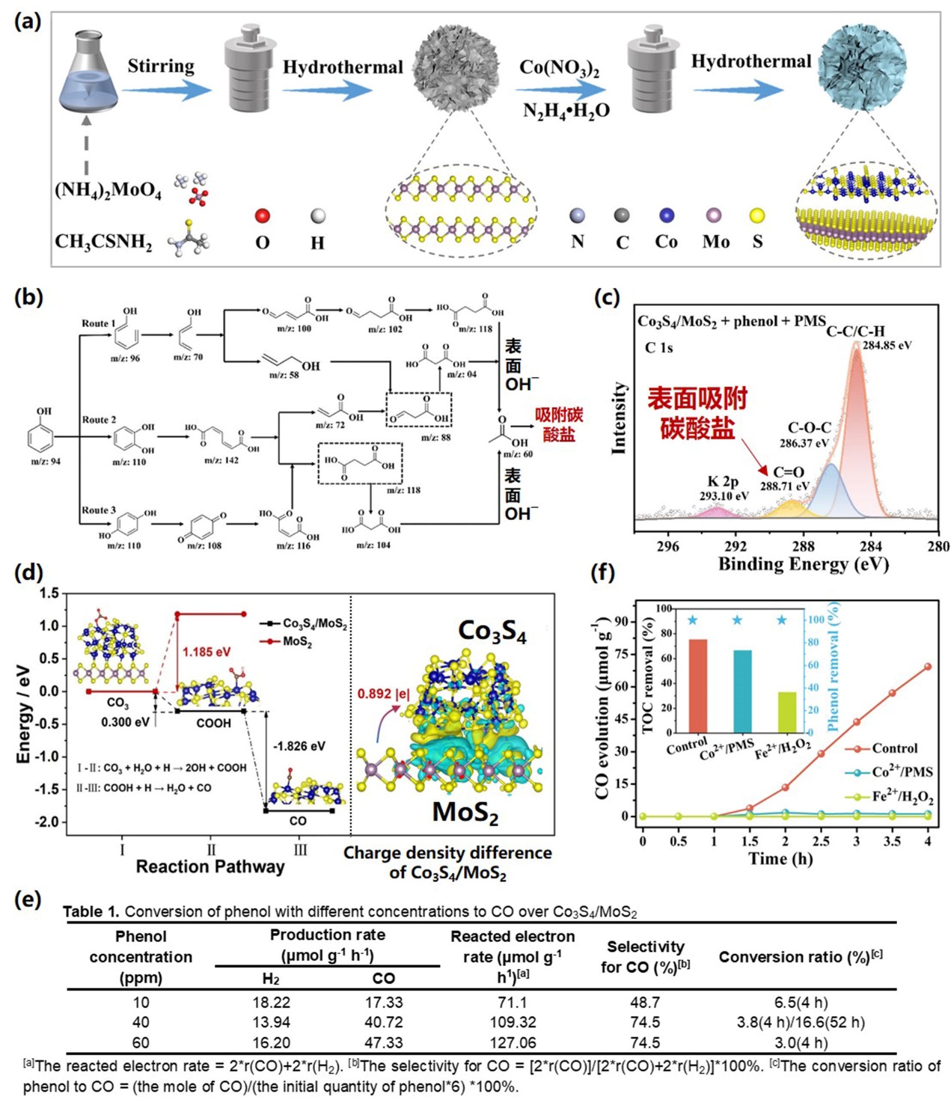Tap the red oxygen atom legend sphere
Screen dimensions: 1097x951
[x=262, y=216]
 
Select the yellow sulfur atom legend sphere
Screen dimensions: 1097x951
[x=757, y=216]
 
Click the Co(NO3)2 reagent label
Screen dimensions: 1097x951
[x=559, y=68]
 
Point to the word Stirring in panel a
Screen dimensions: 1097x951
[x=160, y=66]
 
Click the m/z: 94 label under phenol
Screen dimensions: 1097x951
[x=46, y=462]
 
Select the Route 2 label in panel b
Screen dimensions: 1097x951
[x=99, y=420]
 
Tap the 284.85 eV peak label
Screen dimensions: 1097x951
[x=887, y=346]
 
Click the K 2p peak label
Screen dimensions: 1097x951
[x=723, y=482]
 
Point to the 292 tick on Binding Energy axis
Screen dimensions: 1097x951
[x=736, y=546]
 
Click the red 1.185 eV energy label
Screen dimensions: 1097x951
[x=207, y=652]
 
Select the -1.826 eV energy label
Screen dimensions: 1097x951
[x=299, y=746]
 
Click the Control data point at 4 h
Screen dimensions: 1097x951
[x=928, y=667]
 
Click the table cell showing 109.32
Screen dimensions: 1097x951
[x=513, y=1022]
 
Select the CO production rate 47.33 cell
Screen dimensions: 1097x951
[x=384, y=1042]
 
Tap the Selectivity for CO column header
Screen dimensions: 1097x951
[x=645, y=957]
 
